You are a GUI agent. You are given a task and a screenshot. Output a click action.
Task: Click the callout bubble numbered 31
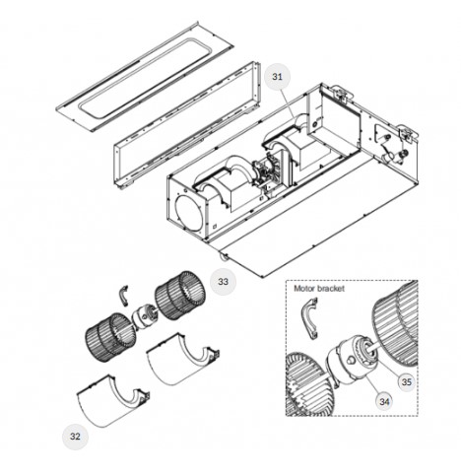[277, 77]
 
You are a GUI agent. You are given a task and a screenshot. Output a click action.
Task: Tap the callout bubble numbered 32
[75, 437]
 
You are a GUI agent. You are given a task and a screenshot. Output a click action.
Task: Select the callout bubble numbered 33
[223, 282]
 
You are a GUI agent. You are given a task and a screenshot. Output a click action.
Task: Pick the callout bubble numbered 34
[384, 401]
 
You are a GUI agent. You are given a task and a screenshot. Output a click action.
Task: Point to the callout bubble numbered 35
[407, 382]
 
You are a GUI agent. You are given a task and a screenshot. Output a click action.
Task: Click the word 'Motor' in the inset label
[304, 289]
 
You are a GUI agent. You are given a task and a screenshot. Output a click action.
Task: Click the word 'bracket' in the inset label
[331, 289]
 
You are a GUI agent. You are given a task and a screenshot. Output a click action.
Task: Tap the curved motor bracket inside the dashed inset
[309, 318]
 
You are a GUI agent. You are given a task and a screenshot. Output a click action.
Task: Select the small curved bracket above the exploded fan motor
[123, 296]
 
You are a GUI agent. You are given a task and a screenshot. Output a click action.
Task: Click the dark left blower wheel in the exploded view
[110, 338]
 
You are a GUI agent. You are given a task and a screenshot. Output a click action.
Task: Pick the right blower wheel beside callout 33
[180, 296]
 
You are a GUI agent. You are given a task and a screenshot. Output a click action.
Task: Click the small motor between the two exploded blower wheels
[144, 316]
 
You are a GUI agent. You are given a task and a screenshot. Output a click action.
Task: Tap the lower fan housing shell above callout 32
[113, 401]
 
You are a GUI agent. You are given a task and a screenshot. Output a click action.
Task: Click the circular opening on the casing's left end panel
[187, 213]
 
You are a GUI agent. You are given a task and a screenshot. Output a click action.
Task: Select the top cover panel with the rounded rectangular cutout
[145, 76]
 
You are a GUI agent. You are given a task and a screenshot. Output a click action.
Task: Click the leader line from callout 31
[289, 104]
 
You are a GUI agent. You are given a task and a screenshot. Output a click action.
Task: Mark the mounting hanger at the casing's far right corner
[407, 133]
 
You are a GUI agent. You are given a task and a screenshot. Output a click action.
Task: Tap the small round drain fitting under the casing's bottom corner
[224, 257]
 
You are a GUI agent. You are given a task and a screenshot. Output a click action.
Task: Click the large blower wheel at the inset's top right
[395, 323]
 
